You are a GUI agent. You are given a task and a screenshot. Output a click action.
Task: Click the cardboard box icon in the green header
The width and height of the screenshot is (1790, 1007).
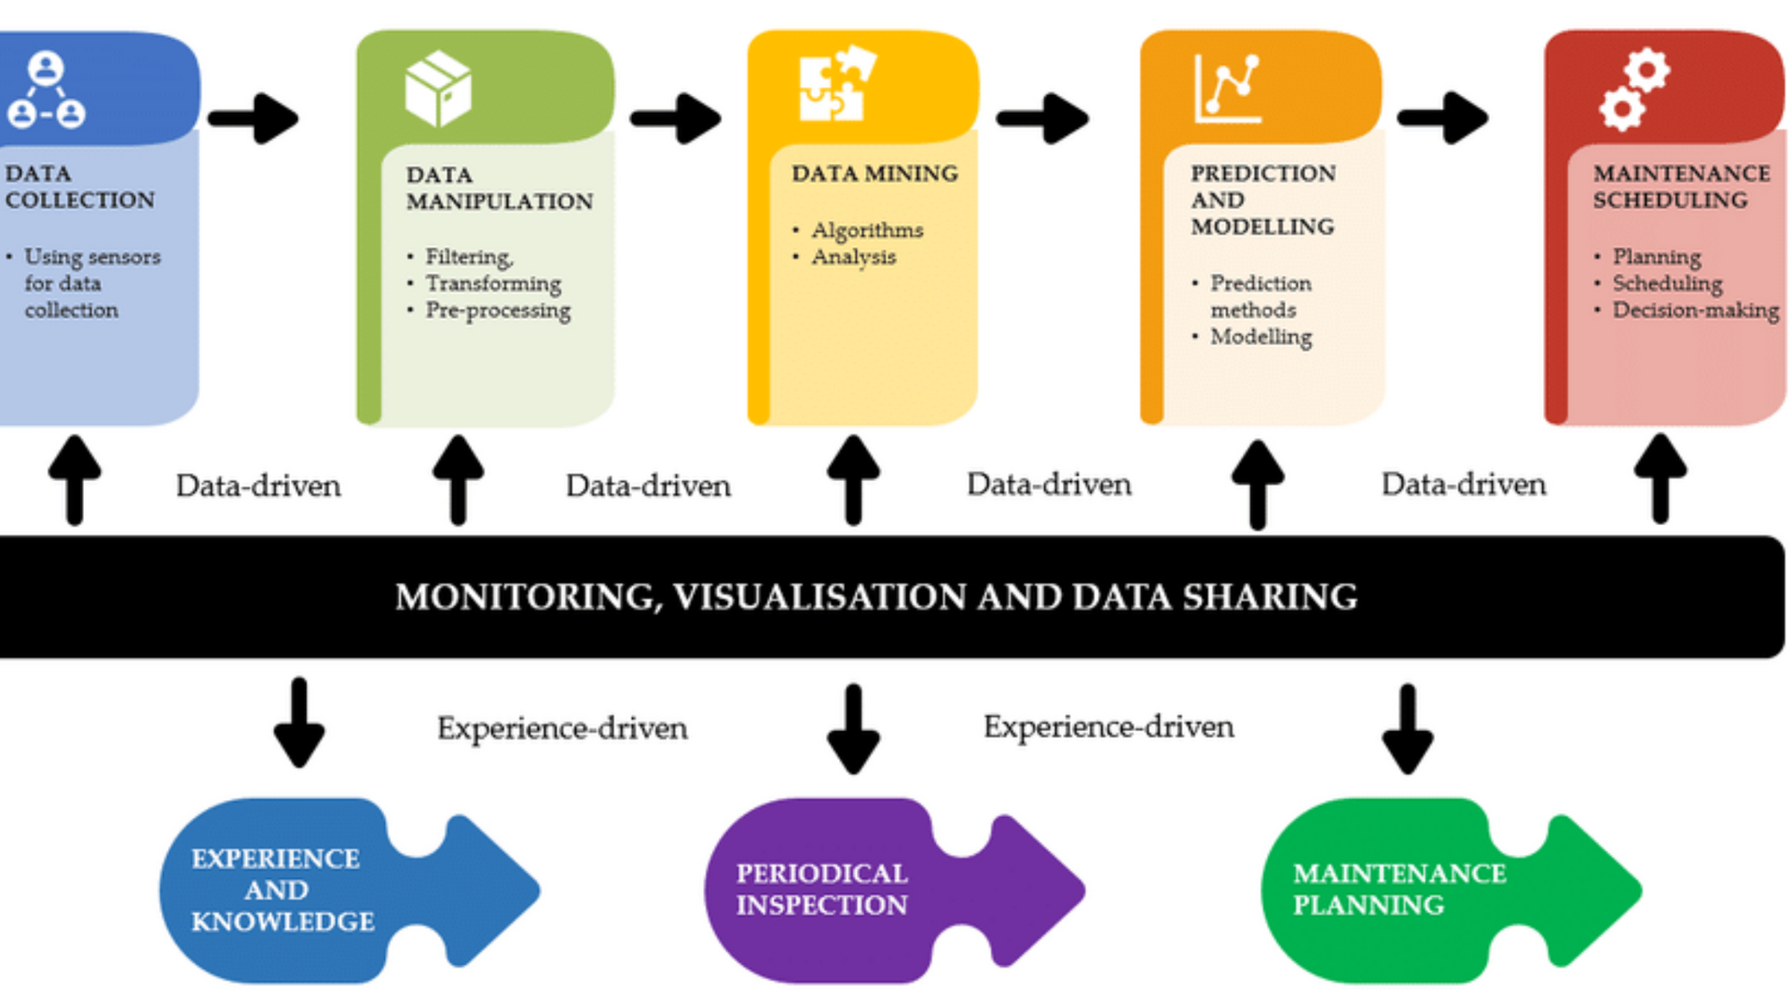click(438, 89)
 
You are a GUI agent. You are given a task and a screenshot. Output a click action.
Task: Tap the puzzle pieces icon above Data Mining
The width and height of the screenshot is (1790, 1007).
click(836, 84)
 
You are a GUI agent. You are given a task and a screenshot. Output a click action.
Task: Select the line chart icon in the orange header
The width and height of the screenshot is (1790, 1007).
click(1228, 90)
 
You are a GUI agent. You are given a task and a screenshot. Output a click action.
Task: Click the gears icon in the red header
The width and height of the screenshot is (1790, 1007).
click(1634, 89)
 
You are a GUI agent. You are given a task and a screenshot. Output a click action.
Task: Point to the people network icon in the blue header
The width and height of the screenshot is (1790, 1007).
click(46, 90)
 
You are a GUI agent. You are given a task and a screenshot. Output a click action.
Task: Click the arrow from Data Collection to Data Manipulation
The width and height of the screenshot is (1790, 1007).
click(254, 118)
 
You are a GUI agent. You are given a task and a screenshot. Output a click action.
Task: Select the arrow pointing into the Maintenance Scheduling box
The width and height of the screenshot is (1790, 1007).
click(1442, 118)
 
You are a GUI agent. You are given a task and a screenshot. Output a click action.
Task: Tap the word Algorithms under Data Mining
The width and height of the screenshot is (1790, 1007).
click(867, 230)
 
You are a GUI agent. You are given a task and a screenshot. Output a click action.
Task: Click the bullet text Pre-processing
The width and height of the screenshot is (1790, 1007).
click(498, 310)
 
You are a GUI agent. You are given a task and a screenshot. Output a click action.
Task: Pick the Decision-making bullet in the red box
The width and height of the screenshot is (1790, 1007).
click(1695, 310)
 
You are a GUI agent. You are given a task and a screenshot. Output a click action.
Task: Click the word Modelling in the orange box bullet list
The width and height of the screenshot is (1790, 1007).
click(1260, 337)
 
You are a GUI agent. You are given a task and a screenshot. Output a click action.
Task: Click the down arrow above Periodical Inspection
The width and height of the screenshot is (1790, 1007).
click(853, 727)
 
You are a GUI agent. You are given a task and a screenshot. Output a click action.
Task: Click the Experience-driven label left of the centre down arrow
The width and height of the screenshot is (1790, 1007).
click(562, 728)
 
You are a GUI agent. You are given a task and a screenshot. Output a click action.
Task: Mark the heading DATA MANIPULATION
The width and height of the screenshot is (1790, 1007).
click(499, 188)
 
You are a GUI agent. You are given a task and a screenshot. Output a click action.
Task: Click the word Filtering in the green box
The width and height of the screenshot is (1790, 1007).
click(468, 256)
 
